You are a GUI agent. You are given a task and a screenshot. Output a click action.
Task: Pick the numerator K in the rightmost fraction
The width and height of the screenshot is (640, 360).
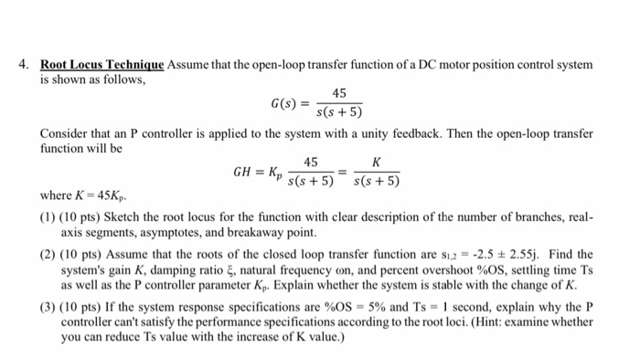pos(377,162)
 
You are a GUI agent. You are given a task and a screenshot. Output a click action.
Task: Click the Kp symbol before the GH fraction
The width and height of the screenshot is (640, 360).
pos(274,172)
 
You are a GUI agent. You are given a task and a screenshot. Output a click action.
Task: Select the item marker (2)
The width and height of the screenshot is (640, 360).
pos(48,254)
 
